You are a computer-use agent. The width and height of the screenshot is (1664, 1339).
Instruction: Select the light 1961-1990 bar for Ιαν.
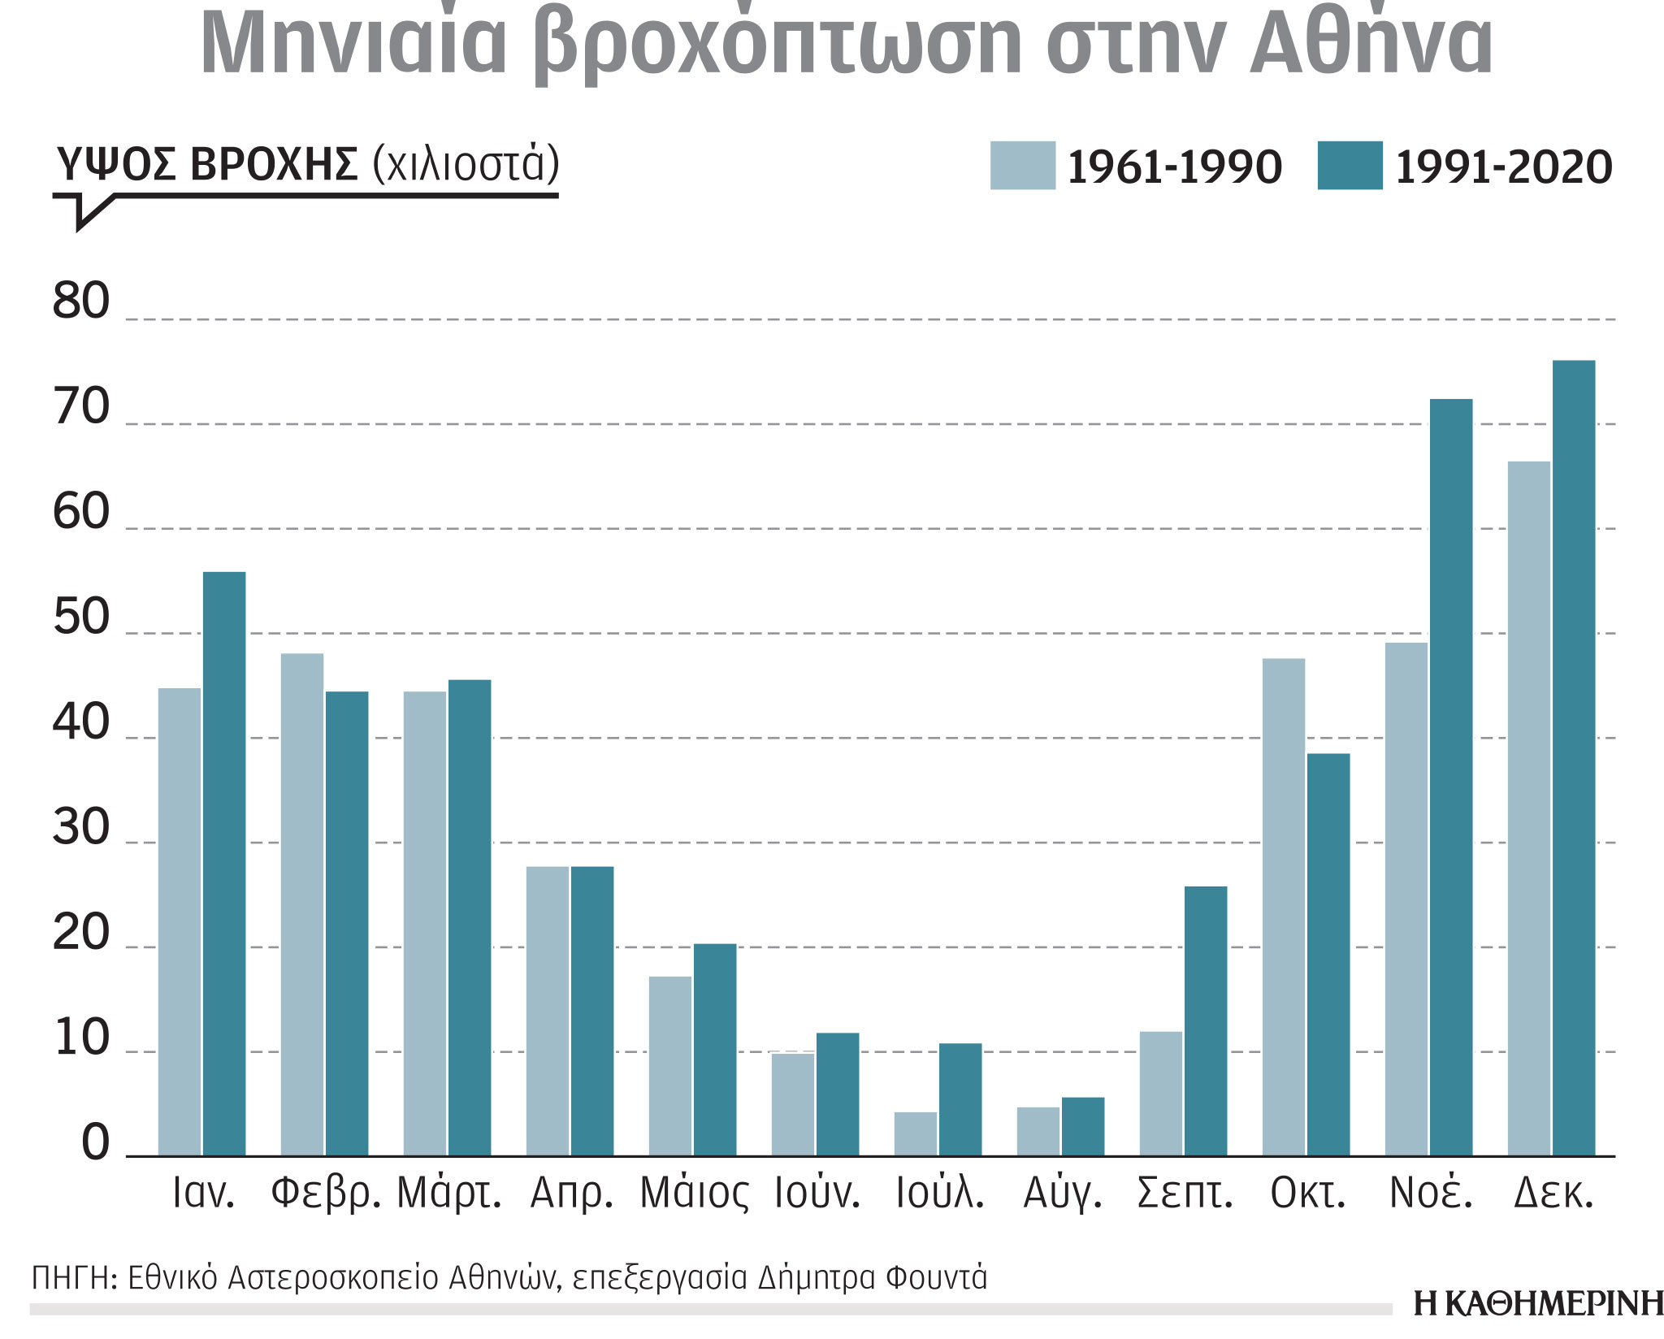[179, 921]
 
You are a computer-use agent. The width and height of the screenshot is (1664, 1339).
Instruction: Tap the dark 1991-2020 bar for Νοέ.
[1450, 777]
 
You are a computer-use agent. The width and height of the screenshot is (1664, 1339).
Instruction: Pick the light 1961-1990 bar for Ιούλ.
[915, 1133]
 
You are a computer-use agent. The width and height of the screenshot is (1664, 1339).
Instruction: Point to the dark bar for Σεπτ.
[1205, 1020]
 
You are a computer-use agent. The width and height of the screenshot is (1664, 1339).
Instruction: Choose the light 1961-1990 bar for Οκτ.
[1283, 907]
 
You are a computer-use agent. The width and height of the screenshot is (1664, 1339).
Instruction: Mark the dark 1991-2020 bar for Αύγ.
[1082, 1126]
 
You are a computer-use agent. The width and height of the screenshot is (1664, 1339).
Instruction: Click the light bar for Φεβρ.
[301, 903]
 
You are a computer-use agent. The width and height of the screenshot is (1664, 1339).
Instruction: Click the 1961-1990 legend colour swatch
[1022, 166]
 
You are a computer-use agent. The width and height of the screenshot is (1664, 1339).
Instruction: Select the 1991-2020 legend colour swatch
[1350, 166]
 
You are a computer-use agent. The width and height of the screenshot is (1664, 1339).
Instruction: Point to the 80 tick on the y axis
[80, 301]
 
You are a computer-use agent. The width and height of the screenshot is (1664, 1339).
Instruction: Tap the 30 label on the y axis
[80, 828]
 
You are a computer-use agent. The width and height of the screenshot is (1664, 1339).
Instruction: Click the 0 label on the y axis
[95, 1142]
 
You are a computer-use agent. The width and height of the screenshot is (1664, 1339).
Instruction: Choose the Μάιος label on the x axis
[694, 1194]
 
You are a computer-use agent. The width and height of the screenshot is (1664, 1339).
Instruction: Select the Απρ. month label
[571, 1194]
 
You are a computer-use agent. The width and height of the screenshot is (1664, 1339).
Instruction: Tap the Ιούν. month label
[817, 1194]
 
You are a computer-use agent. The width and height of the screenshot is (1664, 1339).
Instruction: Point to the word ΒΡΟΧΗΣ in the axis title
[274, 165]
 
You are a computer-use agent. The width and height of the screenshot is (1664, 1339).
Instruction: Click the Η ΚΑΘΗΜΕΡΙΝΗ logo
[1538, 1303]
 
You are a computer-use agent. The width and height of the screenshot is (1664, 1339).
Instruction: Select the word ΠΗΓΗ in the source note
[69, 1278]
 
